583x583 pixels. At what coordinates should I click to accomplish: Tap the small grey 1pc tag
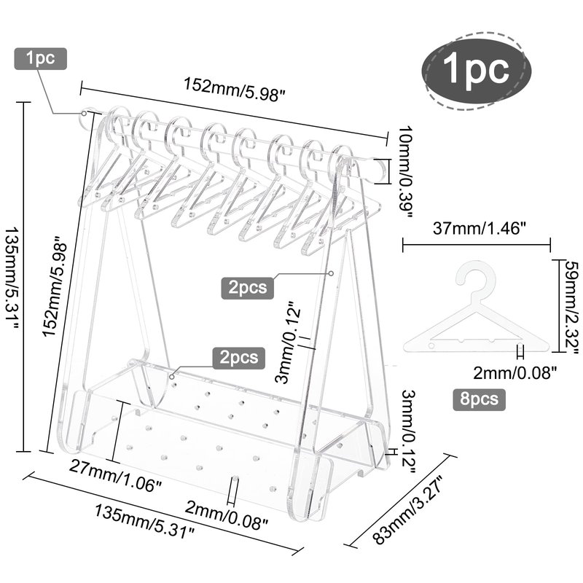tap(41, 58)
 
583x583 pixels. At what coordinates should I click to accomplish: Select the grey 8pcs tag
tap(479, 399)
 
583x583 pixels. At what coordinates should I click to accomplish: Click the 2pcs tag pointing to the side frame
tap(248, 287)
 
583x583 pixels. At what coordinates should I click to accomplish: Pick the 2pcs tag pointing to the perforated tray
tap(239, 358)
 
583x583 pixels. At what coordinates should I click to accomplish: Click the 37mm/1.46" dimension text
tap(480, 228)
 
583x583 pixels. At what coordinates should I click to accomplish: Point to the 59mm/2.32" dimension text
tap(571, 306)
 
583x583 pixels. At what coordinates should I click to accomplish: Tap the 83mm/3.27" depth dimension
tap(407, 509)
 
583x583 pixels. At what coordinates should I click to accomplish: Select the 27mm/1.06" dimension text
tap(115, 476)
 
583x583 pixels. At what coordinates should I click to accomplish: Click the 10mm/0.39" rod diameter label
tap(406, 172)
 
